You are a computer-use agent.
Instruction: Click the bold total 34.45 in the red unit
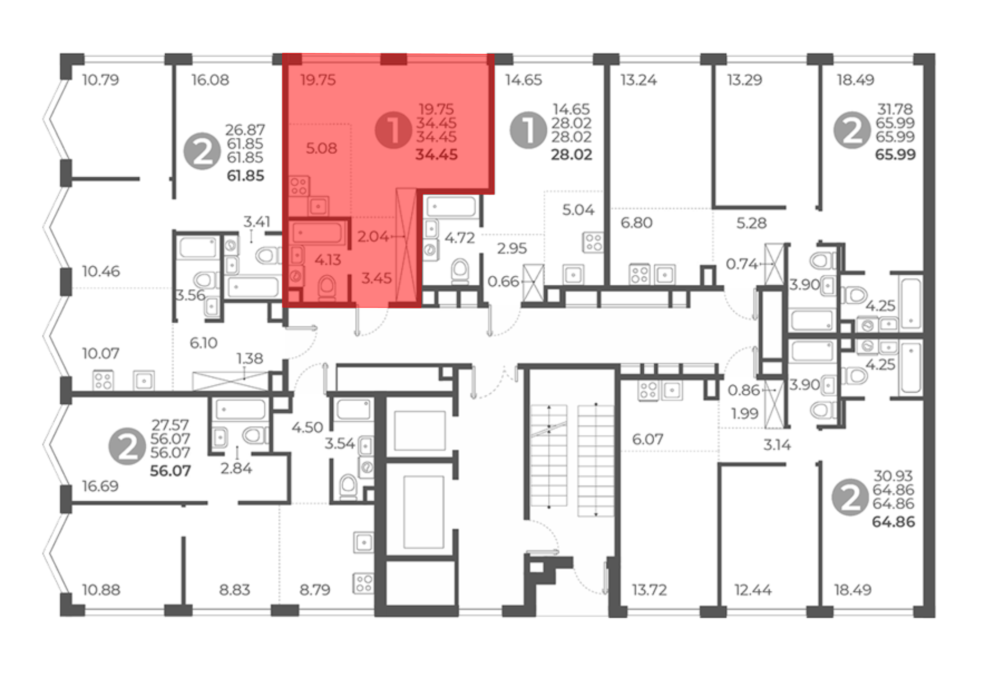click(x=436, y=155)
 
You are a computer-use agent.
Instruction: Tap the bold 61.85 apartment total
click(x=245, y=176)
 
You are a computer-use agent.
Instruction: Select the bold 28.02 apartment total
click(x=572, y=155)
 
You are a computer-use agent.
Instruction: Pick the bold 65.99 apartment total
click(x=895, y=155)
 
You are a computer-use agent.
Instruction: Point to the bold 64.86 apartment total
click(x=894, y=522)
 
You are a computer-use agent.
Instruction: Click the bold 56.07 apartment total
click(x=171, y=471)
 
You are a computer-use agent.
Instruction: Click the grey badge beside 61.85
click(x=202, y=151)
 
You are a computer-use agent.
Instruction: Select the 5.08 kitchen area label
click(x=321, y=148)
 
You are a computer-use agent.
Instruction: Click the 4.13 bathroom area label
click(x=328, y=259)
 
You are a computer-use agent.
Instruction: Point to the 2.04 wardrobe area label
click(x=373, y=236)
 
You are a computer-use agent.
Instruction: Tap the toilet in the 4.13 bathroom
click(x=327, y=288)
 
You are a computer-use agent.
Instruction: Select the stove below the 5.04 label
click(x=593, y=242)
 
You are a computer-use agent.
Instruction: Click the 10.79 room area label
click(x=100, y=80)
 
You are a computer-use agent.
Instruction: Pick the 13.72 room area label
click(x=649, y=590)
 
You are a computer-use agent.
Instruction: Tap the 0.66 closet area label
click(x=503, y=282)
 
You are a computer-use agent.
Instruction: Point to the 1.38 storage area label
click(x=250, y=358)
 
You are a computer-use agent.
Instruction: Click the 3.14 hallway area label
click(x=777, y=445)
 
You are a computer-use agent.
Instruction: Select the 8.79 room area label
click(x=315, y=590)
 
